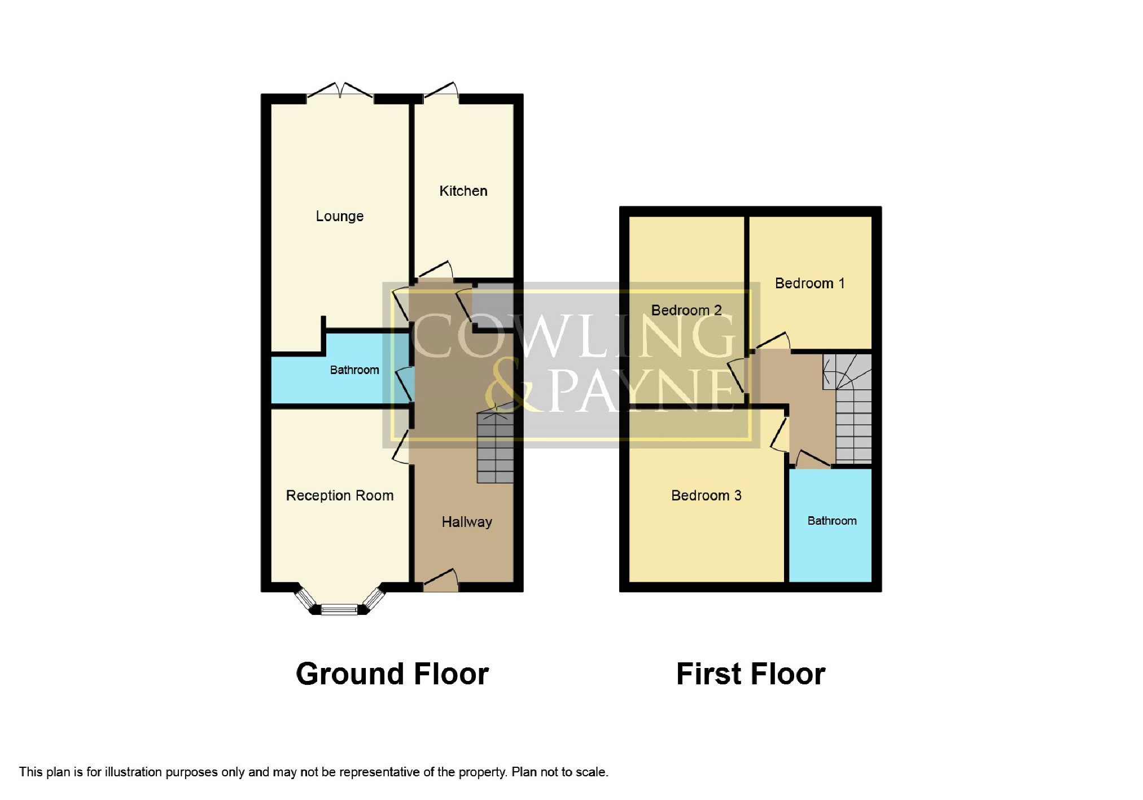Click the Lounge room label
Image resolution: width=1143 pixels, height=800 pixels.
tap(339, 216)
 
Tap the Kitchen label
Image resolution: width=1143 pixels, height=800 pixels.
tap(463, 191)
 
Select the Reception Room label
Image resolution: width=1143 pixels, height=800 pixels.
tap(340, 495)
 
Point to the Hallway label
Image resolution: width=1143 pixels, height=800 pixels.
tap(467, 522)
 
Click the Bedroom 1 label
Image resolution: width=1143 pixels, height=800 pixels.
tap(809, 283)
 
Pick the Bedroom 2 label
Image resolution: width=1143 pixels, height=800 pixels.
tap(686, 310)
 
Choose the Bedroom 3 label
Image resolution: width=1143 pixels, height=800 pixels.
tap(706, 495)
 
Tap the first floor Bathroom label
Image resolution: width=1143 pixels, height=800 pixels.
tap(832, 521)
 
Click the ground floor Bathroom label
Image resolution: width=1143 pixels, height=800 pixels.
tap(354, 370)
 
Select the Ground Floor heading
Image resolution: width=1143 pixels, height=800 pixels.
tap(392, 674)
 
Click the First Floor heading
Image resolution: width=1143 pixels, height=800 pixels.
tap(751, 674)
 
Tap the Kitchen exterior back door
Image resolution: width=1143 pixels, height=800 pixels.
tap(441, 93)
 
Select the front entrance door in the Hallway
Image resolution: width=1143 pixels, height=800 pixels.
tap(441, 581)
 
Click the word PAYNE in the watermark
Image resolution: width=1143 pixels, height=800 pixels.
tap(641, 390)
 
